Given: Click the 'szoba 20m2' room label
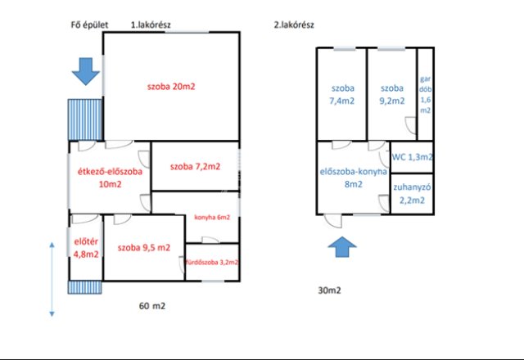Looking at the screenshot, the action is [x=171, y=87].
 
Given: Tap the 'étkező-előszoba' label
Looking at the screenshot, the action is [x=110, y=172].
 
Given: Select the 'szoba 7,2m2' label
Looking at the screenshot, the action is [x=195, y=166].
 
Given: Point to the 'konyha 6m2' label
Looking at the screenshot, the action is [x=212, y=218].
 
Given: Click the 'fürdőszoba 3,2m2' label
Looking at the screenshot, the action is [x=212, y=262].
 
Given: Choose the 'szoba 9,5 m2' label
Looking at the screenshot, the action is [x=144, y=247].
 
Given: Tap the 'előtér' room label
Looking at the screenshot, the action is [x=86, y=241].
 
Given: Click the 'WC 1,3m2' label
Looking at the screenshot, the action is [x=413, y=157].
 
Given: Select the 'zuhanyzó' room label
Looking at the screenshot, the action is [x=412, y=187].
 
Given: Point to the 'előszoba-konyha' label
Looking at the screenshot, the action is [x=353, y=172].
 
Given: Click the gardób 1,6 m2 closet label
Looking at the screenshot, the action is [x=426, y=95].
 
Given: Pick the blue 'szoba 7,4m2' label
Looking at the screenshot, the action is [x=342, y=95].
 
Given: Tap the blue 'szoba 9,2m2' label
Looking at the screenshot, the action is [x=392, y=95].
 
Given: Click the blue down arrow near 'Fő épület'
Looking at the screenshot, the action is [x=86, y=71].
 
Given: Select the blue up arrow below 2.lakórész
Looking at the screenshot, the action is [x=342, y=247].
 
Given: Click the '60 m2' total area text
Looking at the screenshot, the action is [x=152, y=306].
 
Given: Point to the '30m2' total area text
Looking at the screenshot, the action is [x=329, y=290].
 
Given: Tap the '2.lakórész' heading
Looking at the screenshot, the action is [x=294, y=25].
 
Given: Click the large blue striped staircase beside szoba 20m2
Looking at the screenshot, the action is [x=85, y=119].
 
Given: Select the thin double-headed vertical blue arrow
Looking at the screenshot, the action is [x=52, y=279].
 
